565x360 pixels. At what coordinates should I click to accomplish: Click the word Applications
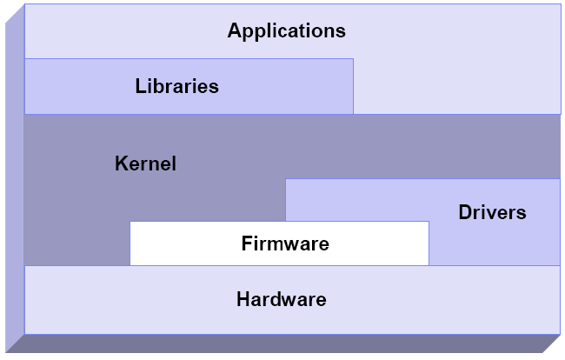tap(286, 31)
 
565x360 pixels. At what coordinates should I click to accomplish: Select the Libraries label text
tap(176, 86)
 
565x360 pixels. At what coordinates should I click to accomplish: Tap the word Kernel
tap(145, 163)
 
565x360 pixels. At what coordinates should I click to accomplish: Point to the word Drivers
tap(492, 211)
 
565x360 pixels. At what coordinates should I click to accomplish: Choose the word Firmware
tap(285, 243)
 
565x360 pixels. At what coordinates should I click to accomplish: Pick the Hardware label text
tap(281, 300)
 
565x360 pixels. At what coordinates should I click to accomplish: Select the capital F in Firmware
tap(246, 243)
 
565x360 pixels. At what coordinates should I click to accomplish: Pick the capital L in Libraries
tap(140, 86)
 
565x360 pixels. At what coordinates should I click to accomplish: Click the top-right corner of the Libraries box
tap(354, 58)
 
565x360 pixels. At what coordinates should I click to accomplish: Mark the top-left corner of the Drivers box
tap(286, 179)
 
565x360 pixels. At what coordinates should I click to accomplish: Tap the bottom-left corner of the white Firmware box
tap(130, 264)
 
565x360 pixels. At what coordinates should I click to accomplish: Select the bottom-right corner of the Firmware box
tap(429, 264)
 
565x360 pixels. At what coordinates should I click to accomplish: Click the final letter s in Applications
tap(341, 31)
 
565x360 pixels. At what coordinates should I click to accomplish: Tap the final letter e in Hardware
tap(321, 300)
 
